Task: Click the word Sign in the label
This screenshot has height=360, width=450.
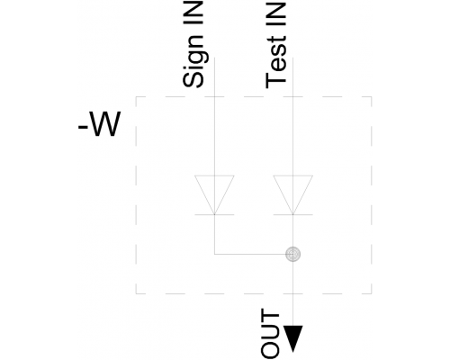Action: coord(193,61)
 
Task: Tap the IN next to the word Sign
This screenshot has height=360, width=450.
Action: coord(193,13)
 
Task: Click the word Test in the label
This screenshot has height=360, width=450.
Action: coord(276,62)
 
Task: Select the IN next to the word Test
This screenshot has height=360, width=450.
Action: coord(276,13)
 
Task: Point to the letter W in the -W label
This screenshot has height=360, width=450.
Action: coord(105,124)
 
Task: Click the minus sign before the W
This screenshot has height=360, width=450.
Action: coord(83,127)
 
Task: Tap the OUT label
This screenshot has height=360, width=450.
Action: coord(271,334)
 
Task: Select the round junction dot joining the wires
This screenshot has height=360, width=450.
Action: coord(293,254)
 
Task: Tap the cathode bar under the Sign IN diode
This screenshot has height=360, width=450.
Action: coord(214,215)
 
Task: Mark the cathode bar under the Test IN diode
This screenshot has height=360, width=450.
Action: coord(293,215)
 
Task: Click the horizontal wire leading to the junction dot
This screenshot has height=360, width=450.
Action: coord(250,254)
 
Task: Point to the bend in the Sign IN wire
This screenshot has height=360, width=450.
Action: coord(214,254)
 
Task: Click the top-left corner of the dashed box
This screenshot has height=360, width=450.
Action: coord(136,97)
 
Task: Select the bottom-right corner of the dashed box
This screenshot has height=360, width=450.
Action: coord(372,293)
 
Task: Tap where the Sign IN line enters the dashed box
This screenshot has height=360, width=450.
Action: coord(214,97)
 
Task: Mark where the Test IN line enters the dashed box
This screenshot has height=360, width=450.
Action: coord(293,97)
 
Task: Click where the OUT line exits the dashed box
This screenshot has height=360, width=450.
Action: coord(293,293)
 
